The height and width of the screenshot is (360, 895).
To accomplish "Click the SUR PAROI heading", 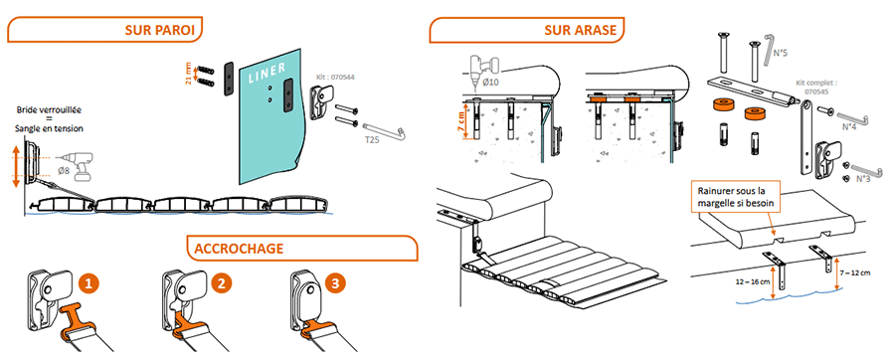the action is (x=163, y=30).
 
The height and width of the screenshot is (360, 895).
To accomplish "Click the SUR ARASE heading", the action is (x=581, y=30).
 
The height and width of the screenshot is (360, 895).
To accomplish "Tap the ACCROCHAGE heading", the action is (x=239, y=249).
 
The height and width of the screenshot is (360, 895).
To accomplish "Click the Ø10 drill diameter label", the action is (x=492, y=83).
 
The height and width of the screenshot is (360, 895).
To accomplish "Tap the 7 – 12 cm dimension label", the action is (x=855, y=272).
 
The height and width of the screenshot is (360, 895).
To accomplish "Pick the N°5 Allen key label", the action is (x=781, y=53).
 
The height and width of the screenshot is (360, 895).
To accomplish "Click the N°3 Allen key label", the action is (x=863, y=178).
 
